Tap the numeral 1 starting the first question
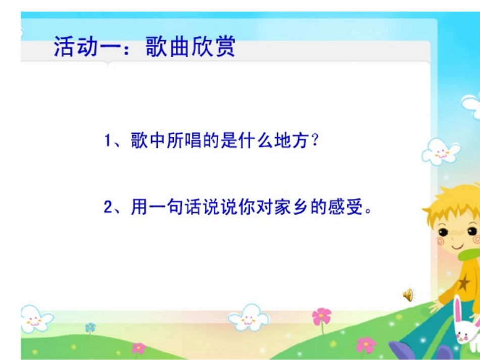click(x=108, y=141)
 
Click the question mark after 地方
click(x=316, y=141)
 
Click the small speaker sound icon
click(x=408, y=295)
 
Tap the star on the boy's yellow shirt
click(x=463, y=283)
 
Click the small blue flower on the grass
click(x=90, y=328)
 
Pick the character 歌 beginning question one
click(x=139, y=141)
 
